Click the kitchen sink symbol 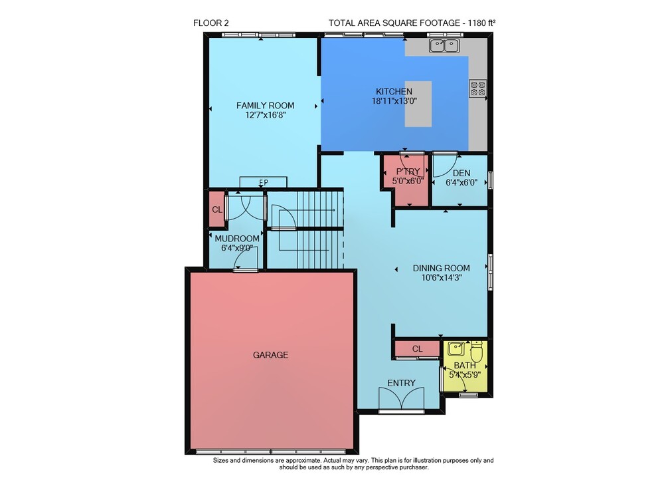(x=444, y=45)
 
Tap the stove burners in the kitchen (x=477, y=88)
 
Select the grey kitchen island (x=418, y=104)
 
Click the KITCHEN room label (x=394, y=91)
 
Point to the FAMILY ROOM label (x=265, y=106)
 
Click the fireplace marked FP (x=264, y=182)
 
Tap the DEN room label (x=461, y=173)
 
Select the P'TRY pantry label (x=408, y=172)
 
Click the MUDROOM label (x=237, y=239)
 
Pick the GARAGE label (x=271, y=355)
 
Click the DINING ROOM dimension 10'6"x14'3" (x=442, y=278)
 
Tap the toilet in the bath (x=476, y=350)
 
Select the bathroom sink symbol (x=456, y=349)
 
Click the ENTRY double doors (x=402, y=400)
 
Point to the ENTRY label (x=402, y=383)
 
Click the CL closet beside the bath (x=417, y=349)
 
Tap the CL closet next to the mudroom (x=217, y=209)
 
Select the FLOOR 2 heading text (x=211, y=23)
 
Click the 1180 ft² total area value (x=482, y=23)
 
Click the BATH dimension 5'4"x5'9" (x=465, y=375)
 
